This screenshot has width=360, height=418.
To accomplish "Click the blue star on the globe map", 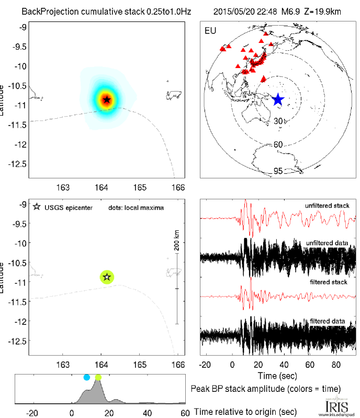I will [x=278, y=99].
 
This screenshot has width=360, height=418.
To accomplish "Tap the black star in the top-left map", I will [x=107, y=99].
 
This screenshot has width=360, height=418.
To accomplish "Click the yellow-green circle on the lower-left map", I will [x=107, y=277].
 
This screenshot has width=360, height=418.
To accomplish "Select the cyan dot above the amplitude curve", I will [x=87, y=377].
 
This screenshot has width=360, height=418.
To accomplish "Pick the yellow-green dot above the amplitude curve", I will [x=98, y=377].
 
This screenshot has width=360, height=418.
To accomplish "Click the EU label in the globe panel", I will [x=210, y=30].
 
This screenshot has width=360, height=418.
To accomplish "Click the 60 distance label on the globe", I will [x=278, y=144].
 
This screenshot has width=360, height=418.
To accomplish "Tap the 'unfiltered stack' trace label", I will [x=328, y=206].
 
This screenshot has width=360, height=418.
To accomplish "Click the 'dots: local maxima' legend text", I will [x=136, y=208].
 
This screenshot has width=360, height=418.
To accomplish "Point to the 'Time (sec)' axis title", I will [x=278, y=376].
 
